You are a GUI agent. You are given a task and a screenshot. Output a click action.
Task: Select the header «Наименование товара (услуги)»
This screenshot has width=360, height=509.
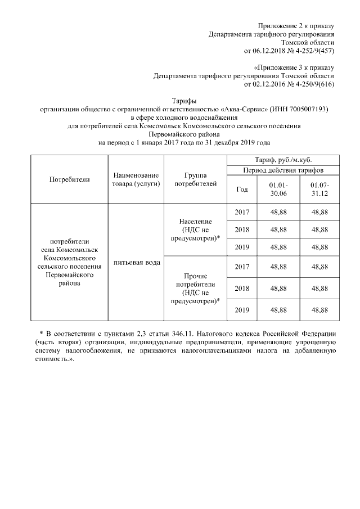coord(136,179)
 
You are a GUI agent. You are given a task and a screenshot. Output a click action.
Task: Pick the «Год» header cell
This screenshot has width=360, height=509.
coord(241,190)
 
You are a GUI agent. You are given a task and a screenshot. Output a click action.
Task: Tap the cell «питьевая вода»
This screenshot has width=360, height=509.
coord(136,263)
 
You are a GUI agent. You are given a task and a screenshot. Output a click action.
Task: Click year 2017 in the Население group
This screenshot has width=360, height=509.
coord(241,212)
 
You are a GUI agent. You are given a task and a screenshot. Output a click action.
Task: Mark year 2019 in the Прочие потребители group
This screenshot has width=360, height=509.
coord(241,309)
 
